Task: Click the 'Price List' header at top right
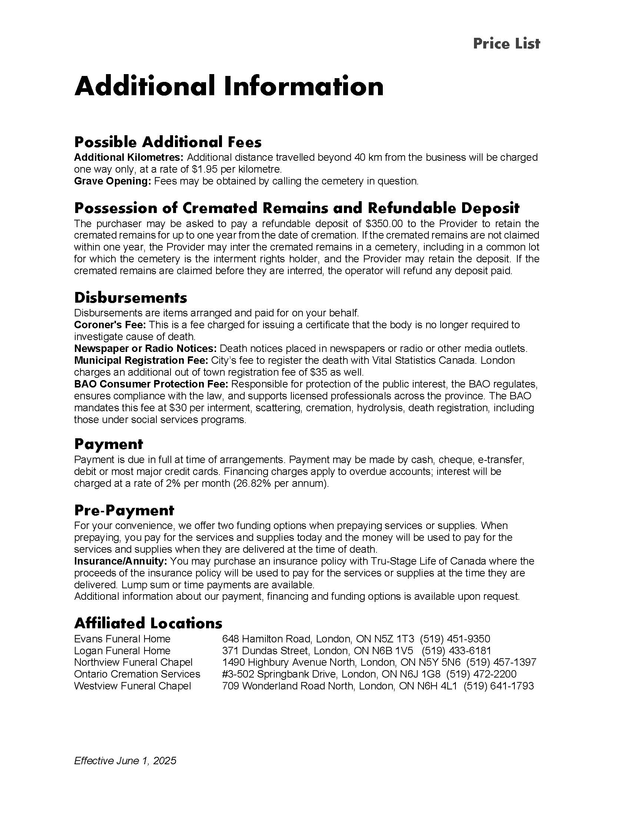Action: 506,44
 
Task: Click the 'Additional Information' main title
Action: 229,86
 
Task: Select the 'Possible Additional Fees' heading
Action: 168,142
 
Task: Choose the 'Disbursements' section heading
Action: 130,297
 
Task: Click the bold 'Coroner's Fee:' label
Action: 110,325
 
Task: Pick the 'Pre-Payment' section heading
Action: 124,510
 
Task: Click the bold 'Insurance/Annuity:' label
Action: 120,561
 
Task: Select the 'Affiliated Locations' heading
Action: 148,623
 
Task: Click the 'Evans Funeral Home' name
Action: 122,639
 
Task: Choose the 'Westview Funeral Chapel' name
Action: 133,686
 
